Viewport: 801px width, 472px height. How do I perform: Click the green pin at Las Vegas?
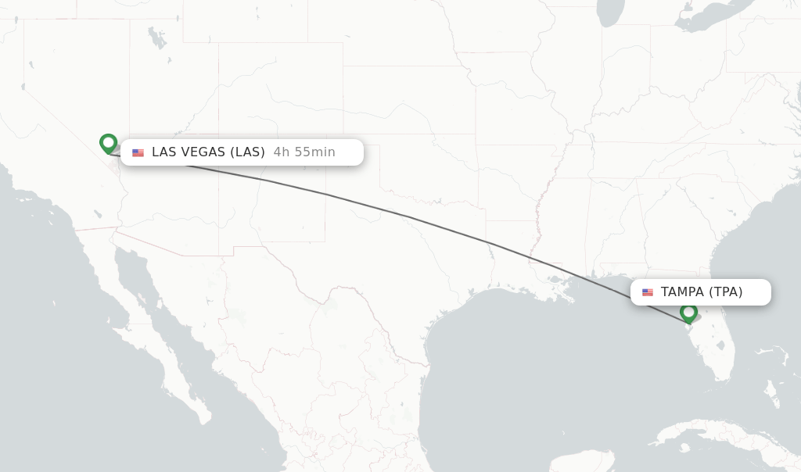(x=108, y=143)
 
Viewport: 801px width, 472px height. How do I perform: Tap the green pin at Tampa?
(x=688, y=313)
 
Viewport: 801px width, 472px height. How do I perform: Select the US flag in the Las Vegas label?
(x=138, y=152)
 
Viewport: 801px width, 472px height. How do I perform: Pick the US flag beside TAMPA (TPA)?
(x=648, y=292)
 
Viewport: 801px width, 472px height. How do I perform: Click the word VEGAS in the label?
(x=213, y=152)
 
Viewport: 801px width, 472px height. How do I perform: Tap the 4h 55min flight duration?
(x=304, y=152)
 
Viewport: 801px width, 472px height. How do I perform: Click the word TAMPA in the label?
(x=682, y=292)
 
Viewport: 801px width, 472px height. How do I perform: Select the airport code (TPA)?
(x=726, y=292)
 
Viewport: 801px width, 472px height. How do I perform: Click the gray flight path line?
(x=407, y=216)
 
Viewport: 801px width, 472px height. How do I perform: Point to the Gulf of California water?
(x=164, y=320)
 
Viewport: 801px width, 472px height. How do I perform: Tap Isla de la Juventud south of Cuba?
(x=685, y=448)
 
